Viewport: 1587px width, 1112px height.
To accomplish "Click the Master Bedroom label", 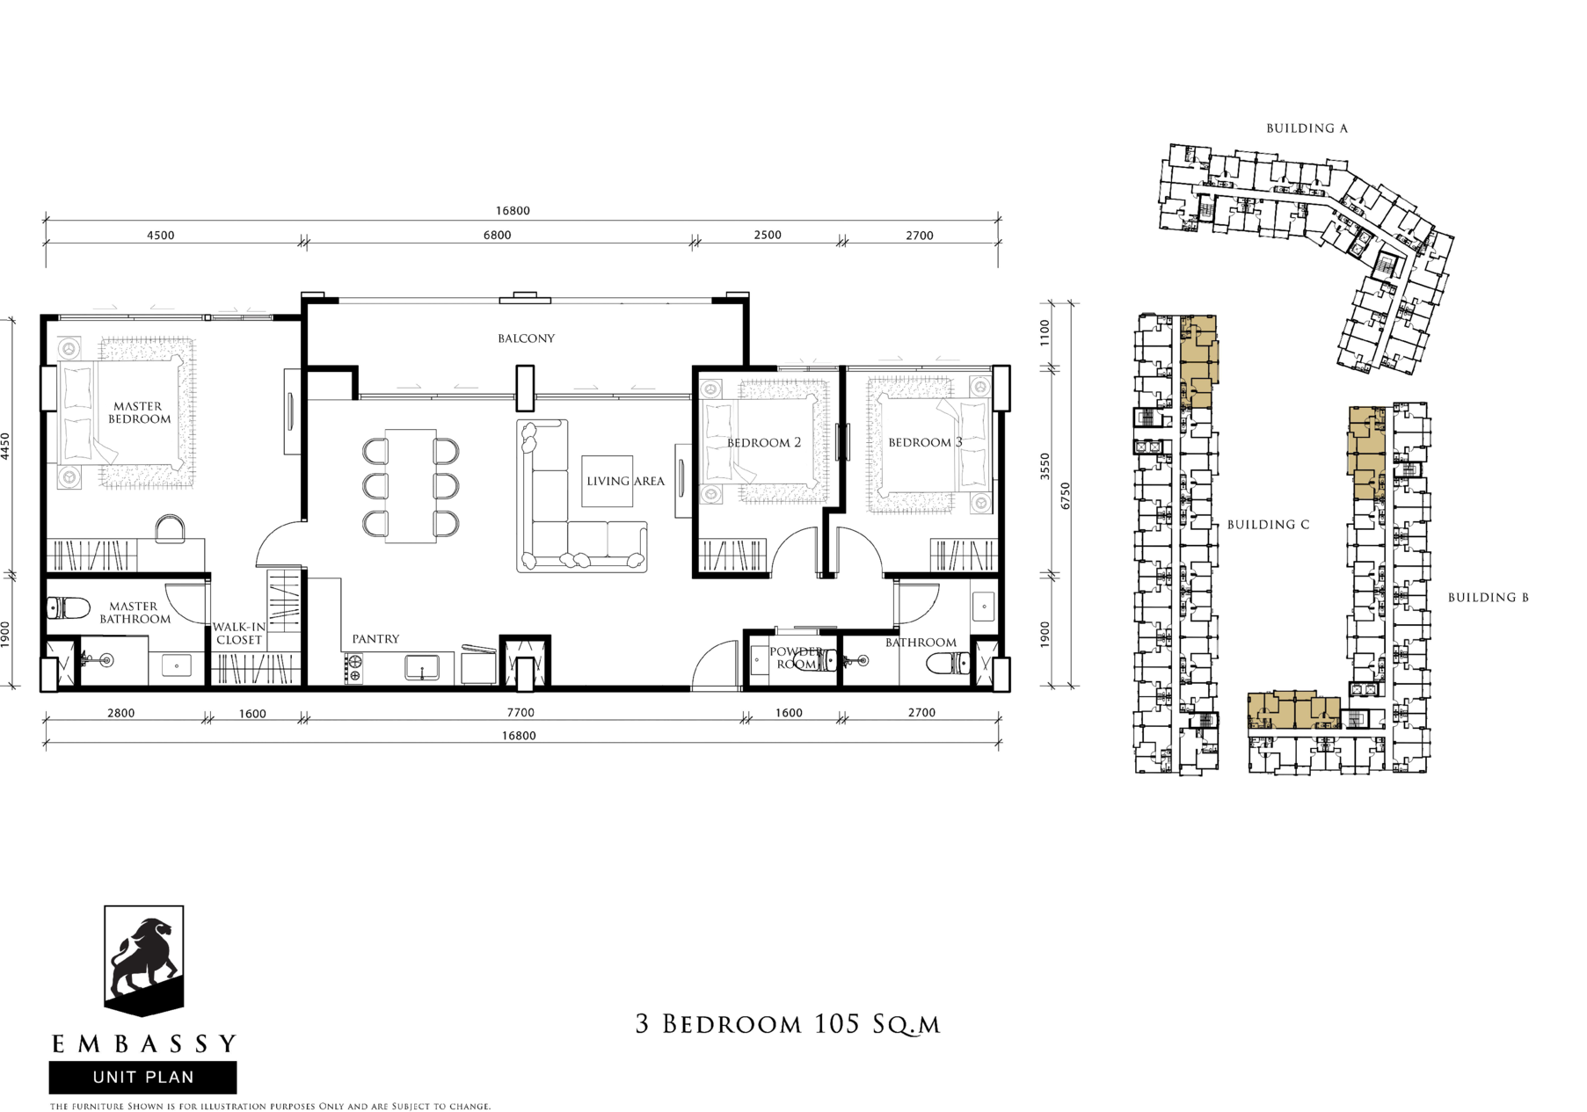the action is coord(139,412).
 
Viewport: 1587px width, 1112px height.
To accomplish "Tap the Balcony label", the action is coord(526,338).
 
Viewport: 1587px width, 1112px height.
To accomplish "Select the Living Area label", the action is coord(625,481).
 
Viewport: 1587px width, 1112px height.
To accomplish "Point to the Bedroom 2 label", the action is coord(763,442).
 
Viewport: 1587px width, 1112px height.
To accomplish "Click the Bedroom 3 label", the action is coord(925,442).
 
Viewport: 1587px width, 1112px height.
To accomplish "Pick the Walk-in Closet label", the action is coord(239,633).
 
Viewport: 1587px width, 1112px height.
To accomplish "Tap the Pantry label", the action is coord(375,639).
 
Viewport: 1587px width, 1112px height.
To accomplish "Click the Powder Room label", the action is coord(797,658).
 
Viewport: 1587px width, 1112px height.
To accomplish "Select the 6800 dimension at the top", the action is coord(497,235).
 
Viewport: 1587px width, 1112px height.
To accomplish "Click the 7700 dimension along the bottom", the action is coord(521,713).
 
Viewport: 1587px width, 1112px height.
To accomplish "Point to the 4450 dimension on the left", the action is coord(5,447).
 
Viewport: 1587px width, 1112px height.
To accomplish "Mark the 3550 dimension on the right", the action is coord(1045,466).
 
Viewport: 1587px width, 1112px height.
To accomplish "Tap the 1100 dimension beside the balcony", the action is coord(1045,332).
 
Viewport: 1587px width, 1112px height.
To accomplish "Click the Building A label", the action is coord(1307,128).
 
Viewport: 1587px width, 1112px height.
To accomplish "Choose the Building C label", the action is coord(1268,525).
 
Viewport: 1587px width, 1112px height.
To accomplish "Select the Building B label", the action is coord(1488,598).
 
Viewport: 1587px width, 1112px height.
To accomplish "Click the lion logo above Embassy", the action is coord(144,961).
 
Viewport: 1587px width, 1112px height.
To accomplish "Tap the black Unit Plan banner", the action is coord(142,1077).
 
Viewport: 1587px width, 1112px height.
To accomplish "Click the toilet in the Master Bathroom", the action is coord(69,607).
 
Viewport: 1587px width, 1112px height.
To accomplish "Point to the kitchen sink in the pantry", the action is coord(422,668).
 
